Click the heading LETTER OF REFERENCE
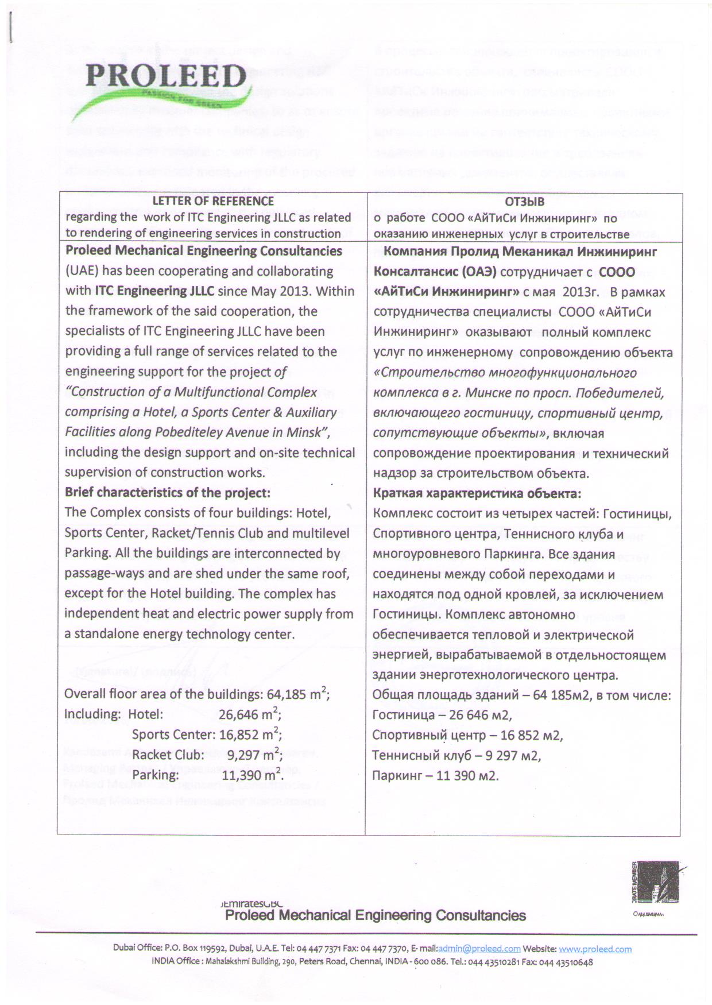pyautogui.click(x=213, y=201)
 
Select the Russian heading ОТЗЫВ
pyautogui.click(x=524, y=202)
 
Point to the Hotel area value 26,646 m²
pyautogui.click(x=250, y=714)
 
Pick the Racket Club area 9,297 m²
pyautogui.click(x=254, y=755)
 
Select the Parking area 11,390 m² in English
pyautogui.click(x=253, y=775)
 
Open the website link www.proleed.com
pyautogui.click(x=595, y=949)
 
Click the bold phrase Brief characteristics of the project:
pyautogui.click(x=167, y=493)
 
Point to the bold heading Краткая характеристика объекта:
pyautogui.click(x=477, y=493)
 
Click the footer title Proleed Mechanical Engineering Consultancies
pyautogui.click(x=376, y=915)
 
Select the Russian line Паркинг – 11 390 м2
pyautogui.click(x=435, y=776)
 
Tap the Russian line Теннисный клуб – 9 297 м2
pyautogui.click(x=456, y=755)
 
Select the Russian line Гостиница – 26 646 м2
pyautogui.click(x=442, y=715)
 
